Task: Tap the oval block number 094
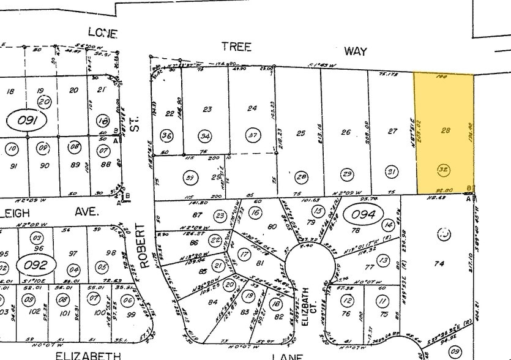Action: click(x=364, y=214)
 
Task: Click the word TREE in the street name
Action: click(x=236, y=47)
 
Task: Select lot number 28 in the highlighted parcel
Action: click(x=446, y=130)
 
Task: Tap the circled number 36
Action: click(x=166, y=135)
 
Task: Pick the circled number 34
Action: click(x=204, y=135)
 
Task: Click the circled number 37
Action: click(x=252, y=135)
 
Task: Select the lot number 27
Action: click(x=393, y=132)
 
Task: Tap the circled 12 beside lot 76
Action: click(x=347, y=300)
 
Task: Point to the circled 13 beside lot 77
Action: click(x=384, y=261)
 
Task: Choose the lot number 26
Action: click(x=346, y=132)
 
